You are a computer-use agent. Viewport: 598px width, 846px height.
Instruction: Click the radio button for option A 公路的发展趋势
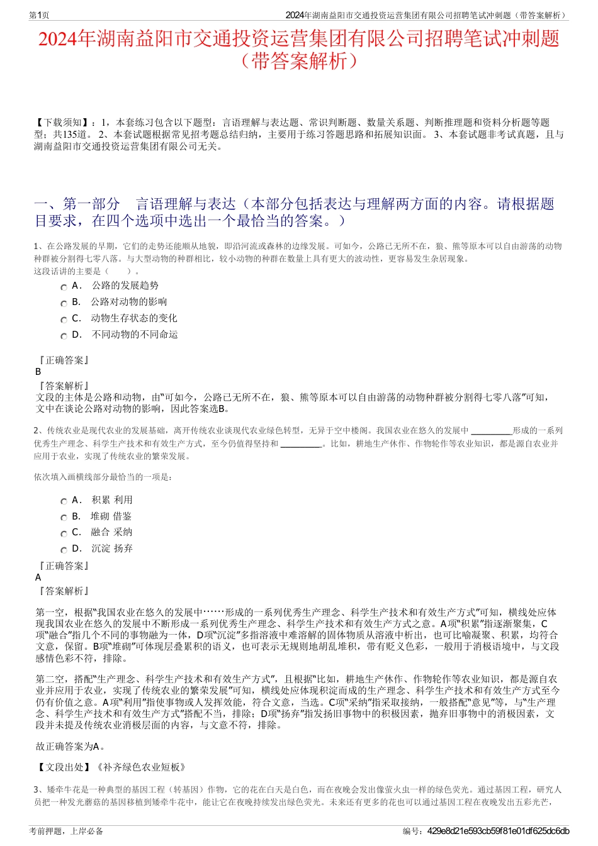64,287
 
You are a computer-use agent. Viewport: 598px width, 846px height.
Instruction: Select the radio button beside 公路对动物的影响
64,303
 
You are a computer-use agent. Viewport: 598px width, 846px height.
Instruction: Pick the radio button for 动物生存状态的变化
64,320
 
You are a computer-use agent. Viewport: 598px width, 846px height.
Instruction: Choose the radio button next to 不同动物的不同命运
64,336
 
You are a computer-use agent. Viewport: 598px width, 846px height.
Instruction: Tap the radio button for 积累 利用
64,501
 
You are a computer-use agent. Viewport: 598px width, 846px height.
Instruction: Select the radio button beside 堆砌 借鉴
64,518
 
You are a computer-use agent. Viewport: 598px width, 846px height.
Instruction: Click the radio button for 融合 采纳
64,533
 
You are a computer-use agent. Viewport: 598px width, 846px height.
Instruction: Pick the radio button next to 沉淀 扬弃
64,550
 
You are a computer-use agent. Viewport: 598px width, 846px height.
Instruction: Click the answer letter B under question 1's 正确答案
38,372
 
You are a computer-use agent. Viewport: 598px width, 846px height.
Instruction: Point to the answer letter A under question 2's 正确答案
38,577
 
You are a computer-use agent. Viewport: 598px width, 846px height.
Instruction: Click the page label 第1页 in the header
40,15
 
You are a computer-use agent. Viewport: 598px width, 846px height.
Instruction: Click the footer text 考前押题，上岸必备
66,831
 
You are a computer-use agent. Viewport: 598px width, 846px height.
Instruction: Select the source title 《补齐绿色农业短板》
142,767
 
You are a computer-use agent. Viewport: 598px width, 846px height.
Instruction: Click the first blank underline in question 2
491,431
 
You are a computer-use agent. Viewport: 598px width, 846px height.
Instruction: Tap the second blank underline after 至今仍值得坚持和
301,444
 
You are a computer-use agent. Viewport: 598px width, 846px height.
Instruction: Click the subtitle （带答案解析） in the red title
299,61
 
